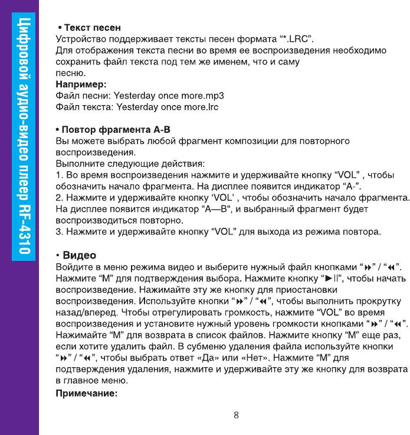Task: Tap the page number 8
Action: coord(236,415)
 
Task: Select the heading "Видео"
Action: coord(80,255)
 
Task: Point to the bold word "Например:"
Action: coord(80,84)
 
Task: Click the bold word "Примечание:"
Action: coord(88,392)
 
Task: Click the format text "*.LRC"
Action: coord(296,40)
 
